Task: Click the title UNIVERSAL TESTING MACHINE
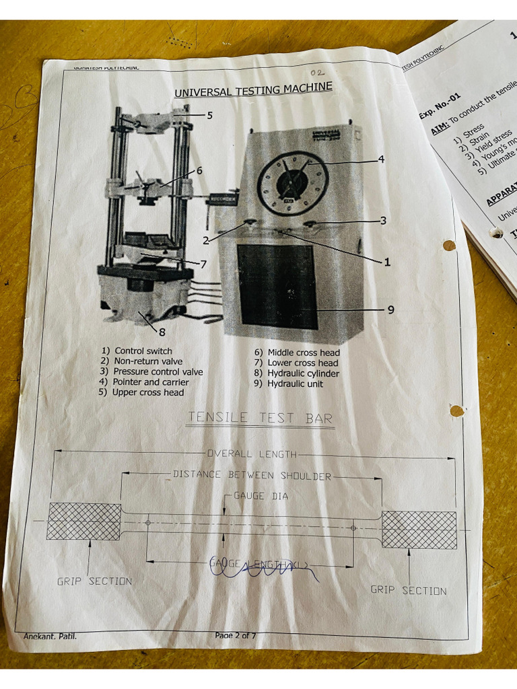tap(253, 90)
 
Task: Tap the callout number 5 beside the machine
tap(210, 115)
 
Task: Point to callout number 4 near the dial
tap(381, 159)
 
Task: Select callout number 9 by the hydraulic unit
tap(390, 310)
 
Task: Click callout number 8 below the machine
tap(162, 331)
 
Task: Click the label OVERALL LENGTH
tap(252, 454)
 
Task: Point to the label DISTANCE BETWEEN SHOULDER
tap(252, 475)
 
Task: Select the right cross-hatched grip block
tap(419, 529)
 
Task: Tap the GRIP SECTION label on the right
tap(409, 590)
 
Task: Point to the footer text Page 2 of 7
tap(236, 635)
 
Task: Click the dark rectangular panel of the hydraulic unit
tap(276, 286)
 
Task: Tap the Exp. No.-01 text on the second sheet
tap(440, 106)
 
